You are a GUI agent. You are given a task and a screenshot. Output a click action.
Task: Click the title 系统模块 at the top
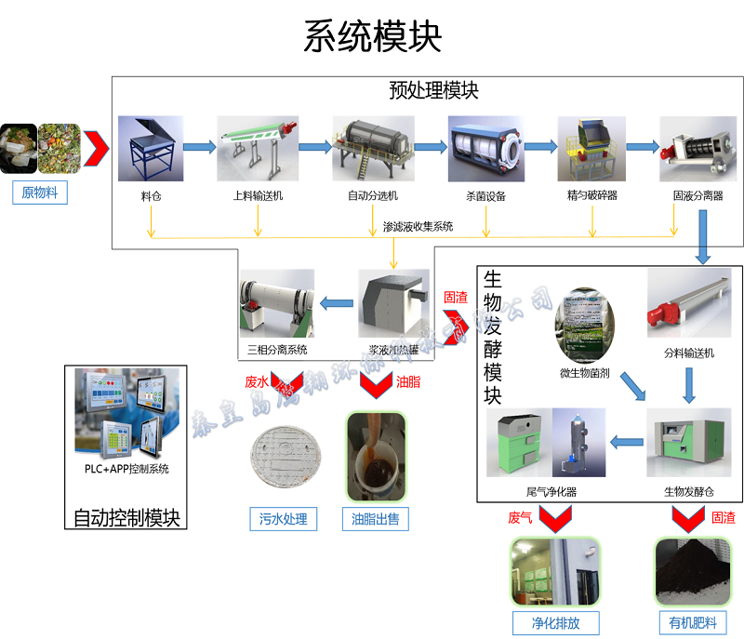(x=372, y=36)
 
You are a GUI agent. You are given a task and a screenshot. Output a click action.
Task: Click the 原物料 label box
(x=40, y=193)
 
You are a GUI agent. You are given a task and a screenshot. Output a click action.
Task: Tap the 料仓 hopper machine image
(x=150, y=149)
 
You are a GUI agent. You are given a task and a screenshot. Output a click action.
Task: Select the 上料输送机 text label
(x=258, y=196)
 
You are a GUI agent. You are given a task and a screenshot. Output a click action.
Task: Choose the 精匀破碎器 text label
(x=592, y=196)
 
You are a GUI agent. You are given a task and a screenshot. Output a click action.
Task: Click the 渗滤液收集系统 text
(x=418, y=226)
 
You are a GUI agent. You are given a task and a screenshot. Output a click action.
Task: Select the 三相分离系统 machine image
(x=276, y=304)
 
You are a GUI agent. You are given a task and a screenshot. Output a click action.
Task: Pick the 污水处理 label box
(x=284, y=519)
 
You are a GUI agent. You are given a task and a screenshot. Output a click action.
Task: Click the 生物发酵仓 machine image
(x=688, y=442)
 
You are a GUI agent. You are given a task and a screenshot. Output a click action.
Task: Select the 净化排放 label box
(x=555, y=622)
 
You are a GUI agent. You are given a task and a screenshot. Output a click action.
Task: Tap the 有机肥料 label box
(x=693, y=622)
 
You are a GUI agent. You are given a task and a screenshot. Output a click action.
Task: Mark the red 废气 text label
(x=520, y=518)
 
